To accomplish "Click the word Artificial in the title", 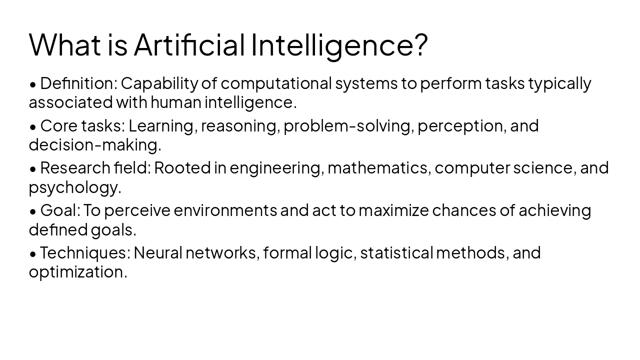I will pyautogui.click(x=189, y=44).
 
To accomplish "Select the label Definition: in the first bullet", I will pyautogui.click(x=78, y=83).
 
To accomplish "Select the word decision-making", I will pyautogui.click(x=94, y=145).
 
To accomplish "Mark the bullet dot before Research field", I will pyautogui.click(x=33, y=169).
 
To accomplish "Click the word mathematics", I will pyautogui.click(x=379, y=168).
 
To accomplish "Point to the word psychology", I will pyautogui.click(x=74, y=188).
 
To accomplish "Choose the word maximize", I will pyautogui.click(x=393, y=210).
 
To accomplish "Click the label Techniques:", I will pyautogui.click(x=85, y=253).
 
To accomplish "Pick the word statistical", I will pyautogui.click(x=396, y=253).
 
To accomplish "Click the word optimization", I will pyautogui.click(x=77, y=272).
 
